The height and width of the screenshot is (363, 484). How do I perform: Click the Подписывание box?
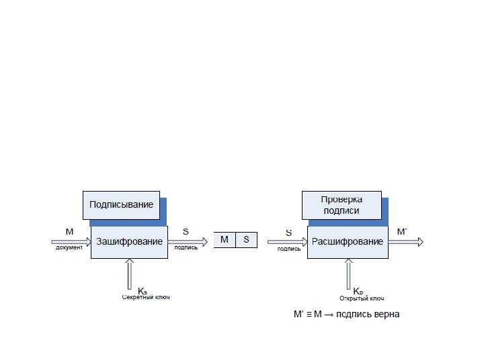pyautogui.click(x=121, y=204)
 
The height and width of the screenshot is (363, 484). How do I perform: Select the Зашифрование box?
pyautogui.click(x=129, y=241)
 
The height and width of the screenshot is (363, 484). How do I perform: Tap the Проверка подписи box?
pyautogui.click(x=341, y=205)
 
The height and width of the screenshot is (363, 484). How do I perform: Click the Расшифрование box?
pyautogui.click(x=348, y=241)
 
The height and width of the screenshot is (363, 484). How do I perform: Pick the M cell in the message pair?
pyautogui.click(x=225, y=239)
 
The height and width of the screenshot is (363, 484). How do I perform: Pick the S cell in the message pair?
pyautogui.click(x=246, y=239)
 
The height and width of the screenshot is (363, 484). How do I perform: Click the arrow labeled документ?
pyautogui.click(x=71, y=240)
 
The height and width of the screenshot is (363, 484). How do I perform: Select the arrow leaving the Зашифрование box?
pyautogui.click(x=188, y=240)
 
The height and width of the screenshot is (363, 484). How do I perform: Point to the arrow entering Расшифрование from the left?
pyautogui.click(x=287, y=241)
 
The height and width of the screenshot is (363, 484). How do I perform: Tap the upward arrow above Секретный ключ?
pyautogui.click(x=129, y=274)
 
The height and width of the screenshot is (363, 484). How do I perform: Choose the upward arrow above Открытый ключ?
pyautogui.click(x=348, y=274)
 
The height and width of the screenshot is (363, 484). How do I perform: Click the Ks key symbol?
pyautogui.click(x=143, y=291)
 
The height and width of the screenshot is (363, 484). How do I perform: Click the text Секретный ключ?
pyautogui.click(x=146, y=297)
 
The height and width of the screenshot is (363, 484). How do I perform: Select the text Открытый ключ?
pyautogui.click(x=362, y=298)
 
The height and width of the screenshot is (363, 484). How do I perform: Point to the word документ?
pyautogui.click(x=69, y=247)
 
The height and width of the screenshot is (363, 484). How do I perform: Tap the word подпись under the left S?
pyautogui.click(x=186, y=247)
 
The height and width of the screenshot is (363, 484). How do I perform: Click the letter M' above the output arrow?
pyautogui.click(x=402, y=231)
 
